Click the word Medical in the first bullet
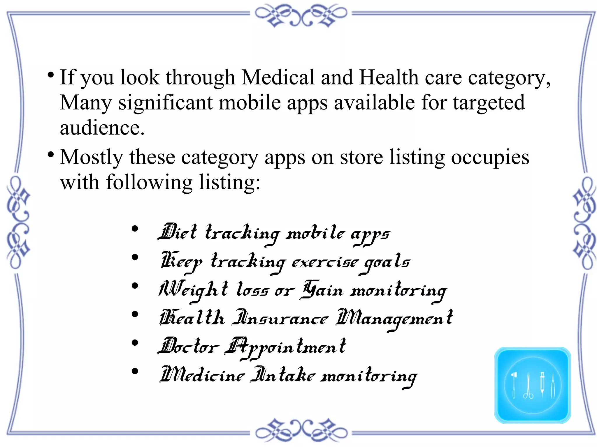[278, 77]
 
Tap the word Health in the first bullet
[389, 77]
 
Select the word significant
[165, 103]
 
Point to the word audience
[102, 128]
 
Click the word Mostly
[91, 158]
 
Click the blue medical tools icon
[532, 385]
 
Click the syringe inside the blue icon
[542, 384]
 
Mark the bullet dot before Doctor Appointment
[135, 343]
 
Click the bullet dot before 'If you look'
[51, 75]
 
